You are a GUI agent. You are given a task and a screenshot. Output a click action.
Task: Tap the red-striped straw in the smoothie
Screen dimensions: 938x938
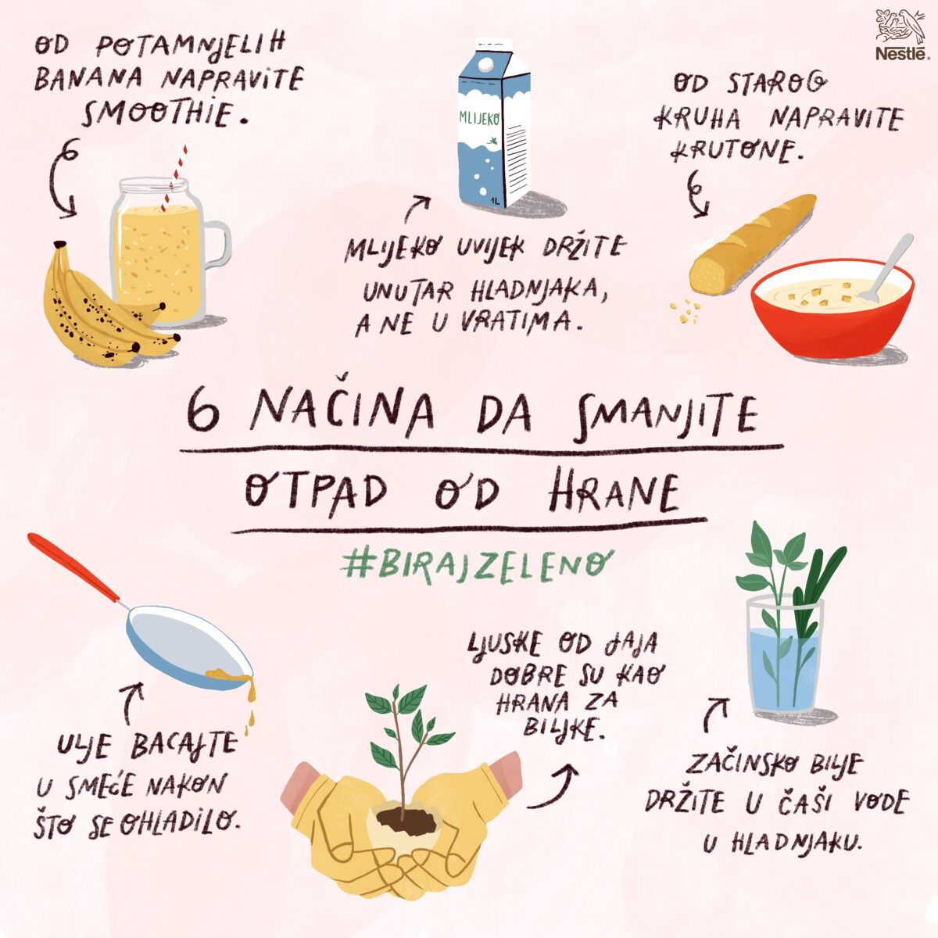coord(174,178)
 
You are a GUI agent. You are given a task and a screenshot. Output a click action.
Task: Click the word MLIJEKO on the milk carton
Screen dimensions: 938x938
coord(479,118)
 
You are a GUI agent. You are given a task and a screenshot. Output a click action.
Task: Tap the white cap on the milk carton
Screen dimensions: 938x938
coord(485,64)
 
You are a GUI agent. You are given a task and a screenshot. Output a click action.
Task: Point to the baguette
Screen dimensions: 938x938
coord(753,244)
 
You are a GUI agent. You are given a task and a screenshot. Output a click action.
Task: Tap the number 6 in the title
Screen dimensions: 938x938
coord(203,413)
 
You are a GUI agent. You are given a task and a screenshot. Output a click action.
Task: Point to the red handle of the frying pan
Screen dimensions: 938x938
coord(73,567)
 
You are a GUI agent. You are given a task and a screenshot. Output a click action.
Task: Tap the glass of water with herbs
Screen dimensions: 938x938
coord(785,655)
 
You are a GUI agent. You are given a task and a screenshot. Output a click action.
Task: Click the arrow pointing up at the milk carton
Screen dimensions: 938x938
coord(417,209)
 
